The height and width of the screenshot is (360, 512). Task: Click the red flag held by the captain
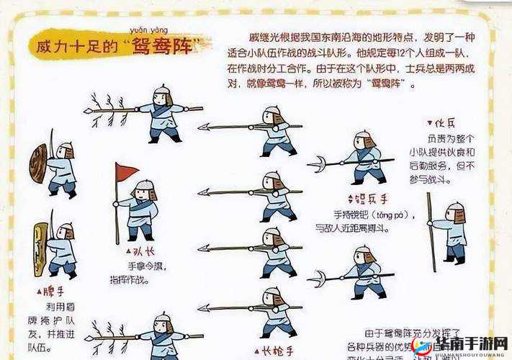click(x=126, y=171)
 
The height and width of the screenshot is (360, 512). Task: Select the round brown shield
click(x=38, y=163)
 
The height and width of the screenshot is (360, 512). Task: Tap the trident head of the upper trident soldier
click(x=317, y=165)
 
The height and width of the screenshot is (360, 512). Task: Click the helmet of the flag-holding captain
click(x=145, y=185)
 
